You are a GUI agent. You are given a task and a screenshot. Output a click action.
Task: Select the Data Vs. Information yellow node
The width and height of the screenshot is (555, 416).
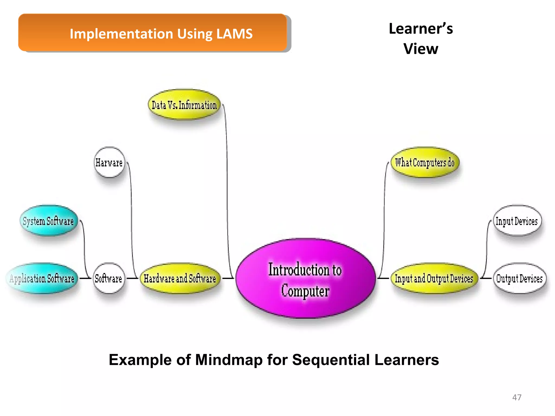click(x=184, y=105)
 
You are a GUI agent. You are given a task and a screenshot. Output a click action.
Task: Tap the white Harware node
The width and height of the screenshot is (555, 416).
click(x=109, y=162)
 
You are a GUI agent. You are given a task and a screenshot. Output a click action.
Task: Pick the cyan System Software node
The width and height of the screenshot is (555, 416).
click(x=49, y=221)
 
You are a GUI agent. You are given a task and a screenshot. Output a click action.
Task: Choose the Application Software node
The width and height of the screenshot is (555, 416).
click(x=42, y=278)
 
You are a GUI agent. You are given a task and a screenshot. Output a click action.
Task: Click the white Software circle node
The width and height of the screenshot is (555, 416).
click(x=109, y=278)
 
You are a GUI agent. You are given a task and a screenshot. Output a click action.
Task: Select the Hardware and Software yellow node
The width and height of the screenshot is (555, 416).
click(x=180, y=278)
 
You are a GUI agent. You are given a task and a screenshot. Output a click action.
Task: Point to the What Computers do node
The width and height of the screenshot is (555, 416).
click(x=425, y=162)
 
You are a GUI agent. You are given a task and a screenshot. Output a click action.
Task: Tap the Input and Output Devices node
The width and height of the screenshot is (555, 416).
click(x=434, y=278)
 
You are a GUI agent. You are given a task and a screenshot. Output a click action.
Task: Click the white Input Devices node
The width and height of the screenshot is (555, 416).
click(x=517, y=221)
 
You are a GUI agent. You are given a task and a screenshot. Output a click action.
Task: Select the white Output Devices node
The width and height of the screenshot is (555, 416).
click(x=519, y=278)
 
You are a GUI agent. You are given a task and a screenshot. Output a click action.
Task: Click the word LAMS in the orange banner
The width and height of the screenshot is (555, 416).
click(x=234, y=34)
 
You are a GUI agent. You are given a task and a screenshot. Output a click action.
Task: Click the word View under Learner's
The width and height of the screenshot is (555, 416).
click(x=421, y=49)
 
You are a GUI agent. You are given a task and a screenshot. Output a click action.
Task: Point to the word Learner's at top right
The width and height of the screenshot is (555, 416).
click(x=421, y=29)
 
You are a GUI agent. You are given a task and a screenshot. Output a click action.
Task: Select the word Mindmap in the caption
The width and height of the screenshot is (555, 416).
click(x=229, y=360)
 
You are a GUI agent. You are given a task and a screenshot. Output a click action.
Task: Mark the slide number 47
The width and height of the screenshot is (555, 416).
click(x=517, y=397)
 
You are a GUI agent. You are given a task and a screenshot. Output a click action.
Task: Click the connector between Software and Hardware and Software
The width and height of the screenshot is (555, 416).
click(x=133, y=278)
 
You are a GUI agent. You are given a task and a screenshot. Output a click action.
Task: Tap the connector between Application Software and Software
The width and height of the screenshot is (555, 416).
click(x=85, y=278)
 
